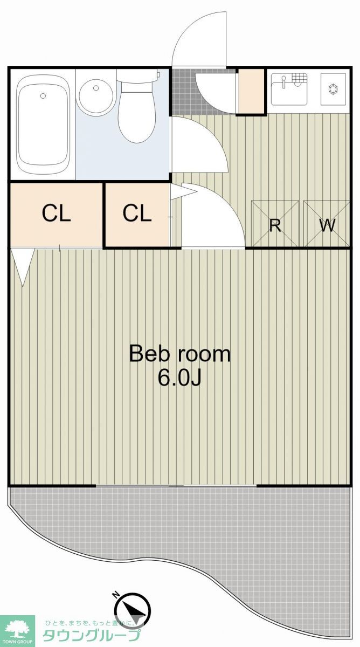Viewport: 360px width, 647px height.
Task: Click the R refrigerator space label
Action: pos(275,225)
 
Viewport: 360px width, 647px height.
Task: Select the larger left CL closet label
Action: pos(56,214)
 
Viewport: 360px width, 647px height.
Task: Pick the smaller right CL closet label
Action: pos(136,214)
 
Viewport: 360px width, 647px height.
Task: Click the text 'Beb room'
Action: pos(179,354)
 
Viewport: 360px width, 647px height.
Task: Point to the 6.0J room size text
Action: pos(179,379)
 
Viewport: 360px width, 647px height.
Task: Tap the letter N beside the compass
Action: pos(115,595)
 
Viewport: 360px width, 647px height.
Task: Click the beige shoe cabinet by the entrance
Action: pos(251,91)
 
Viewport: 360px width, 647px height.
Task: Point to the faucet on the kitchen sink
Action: pos(283,81)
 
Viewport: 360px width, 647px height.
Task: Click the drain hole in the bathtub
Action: pos(43,96)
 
